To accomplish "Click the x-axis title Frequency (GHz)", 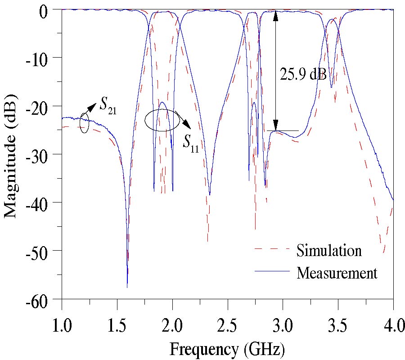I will click(x=227, y=347).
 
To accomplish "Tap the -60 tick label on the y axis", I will click(x=43, y=299).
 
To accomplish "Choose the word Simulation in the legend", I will click(x=328, y=250).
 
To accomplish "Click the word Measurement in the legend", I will click(x=337, y=273).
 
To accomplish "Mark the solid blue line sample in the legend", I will click(x=270, y=271).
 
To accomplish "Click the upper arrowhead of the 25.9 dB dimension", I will click(x=276, y=15).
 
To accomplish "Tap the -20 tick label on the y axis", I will click(x=43, y=106).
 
